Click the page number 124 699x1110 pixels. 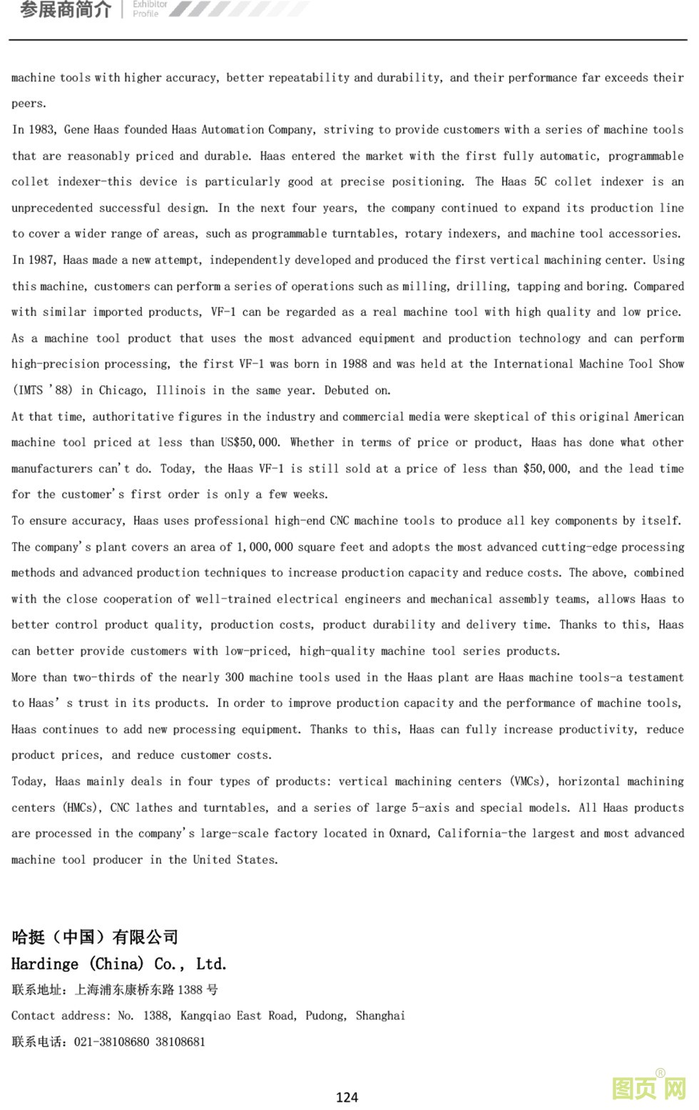(x=347, y=1097)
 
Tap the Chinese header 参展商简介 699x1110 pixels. (x=66, y=9)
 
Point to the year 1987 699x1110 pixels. (x=42, y=260)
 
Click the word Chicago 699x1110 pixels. (x=121, y=390)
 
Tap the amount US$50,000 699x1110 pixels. (x=250, y=442)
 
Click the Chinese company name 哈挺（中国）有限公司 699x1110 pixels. (x=95, y=937)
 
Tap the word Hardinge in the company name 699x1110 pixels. (x=45, y=964)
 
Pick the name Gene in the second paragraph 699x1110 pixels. (x=76, y=130)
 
